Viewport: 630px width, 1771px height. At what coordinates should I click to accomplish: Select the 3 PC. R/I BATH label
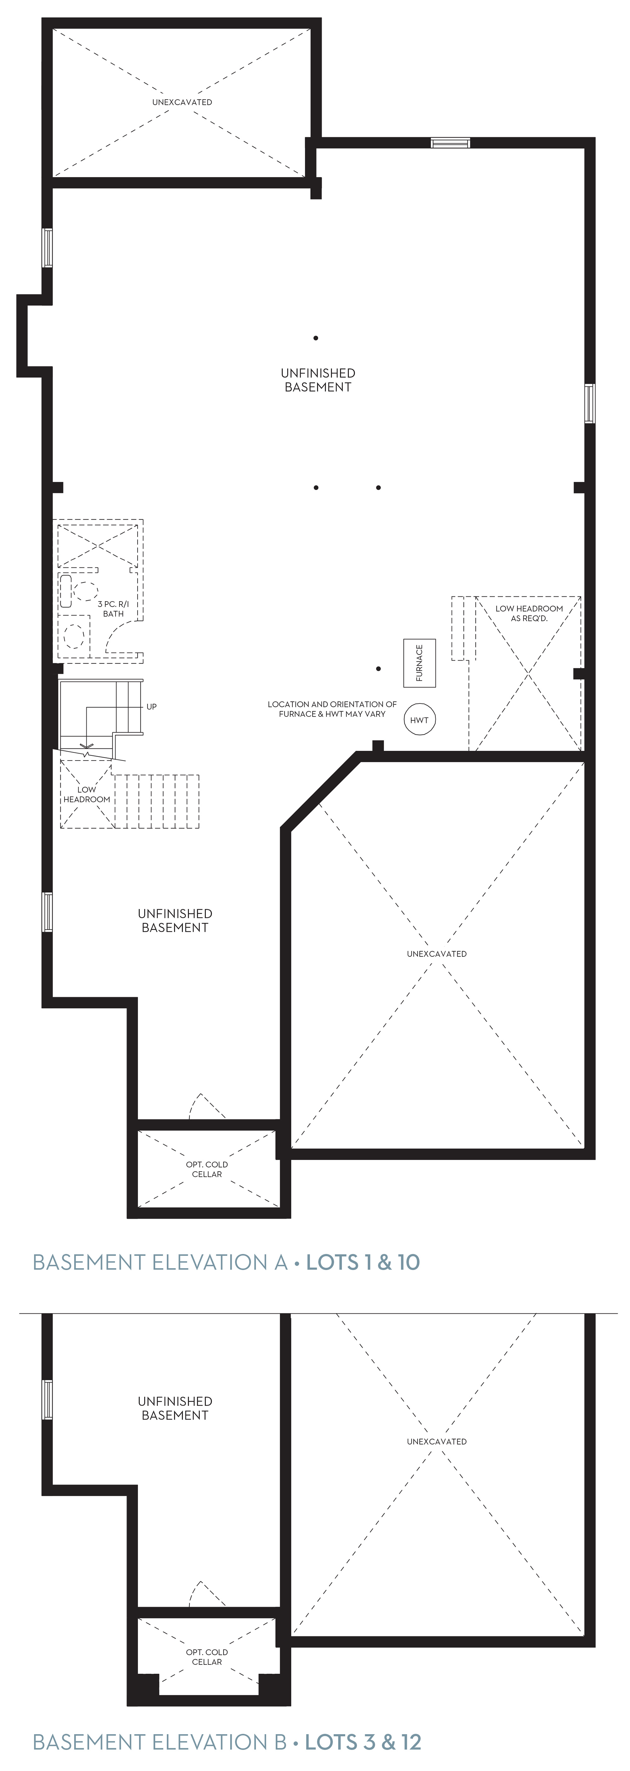(x=113, y=608)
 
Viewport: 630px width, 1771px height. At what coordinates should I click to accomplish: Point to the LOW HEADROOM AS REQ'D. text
(x=529, y=613)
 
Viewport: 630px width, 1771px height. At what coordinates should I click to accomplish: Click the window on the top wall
(x=451, y=143)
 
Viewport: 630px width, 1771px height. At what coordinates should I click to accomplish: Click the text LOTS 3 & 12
(x=363, y=1742)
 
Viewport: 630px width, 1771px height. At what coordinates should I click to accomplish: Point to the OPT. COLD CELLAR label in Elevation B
(x=207, y=1657)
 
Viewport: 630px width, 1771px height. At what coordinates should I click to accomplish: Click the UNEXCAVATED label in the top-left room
(x=182, y=102)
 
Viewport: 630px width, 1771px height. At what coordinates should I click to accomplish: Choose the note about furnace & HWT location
(x=332, y=709)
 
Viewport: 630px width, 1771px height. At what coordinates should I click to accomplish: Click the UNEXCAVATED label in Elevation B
(x=436, y=1441)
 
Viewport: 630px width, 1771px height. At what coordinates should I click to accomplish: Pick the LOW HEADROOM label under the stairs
(x=87, y=794)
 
